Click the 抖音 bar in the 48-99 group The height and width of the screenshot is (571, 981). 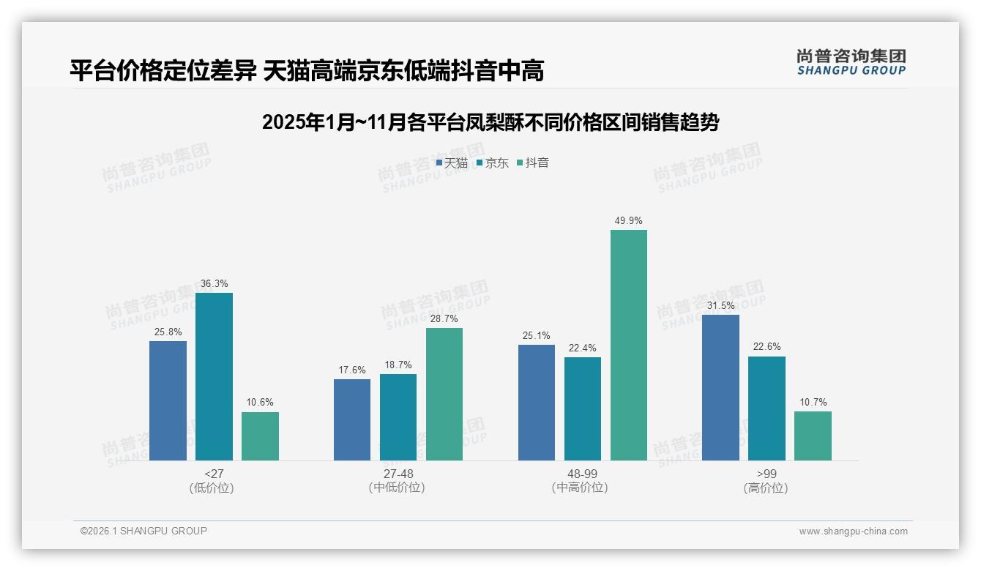(628, 345)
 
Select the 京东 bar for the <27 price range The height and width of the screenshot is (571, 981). (214, 376)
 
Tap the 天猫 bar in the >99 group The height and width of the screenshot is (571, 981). (720, 387)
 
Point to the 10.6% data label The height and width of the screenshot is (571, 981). (260, 403)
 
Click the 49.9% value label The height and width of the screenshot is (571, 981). (628, 220)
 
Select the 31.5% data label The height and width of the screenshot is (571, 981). (720, 305)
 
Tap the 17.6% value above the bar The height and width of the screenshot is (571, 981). (352, 370)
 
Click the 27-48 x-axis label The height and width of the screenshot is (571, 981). (398, 474)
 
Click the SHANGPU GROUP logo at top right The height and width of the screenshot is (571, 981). (851, 62)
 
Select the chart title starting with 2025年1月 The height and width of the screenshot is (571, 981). (490, 122)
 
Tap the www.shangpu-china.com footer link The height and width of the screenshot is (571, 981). (853, 531)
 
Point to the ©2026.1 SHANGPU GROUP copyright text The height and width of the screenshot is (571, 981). (143, 531)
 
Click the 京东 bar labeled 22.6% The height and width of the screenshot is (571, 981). (766, 408)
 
